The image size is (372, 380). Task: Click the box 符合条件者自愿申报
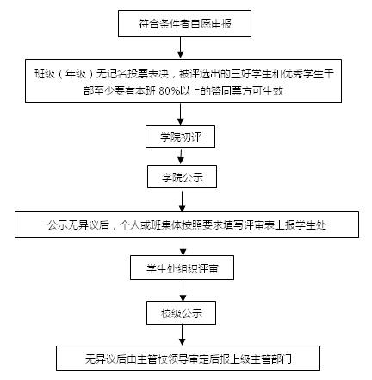(184, 23)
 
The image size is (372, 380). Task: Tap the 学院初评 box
(180, 136)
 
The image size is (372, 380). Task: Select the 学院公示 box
(182, 176)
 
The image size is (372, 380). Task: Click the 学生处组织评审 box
(182, 267)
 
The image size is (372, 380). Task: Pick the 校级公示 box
(181, 313)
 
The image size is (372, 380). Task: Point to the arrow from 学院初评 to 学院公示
(181, 156)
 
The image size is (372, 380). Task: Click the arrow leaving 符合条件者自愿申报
(180, 47)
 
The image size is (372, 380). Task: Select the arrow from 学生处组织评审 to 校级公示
(183, 291)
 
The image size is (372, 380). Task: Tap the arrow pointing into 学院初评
(180, 113)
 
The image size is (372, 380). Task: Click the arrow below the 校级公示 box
(182, 335)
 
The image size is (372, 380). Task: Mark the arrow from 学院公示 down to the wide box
(182, 200)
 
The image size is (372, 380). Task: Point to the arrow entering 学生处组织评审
(183, 247)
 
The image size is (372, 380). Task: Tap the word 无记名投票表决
(133, 74)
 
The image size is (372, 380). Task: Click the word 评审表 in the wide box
(259, 225)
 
